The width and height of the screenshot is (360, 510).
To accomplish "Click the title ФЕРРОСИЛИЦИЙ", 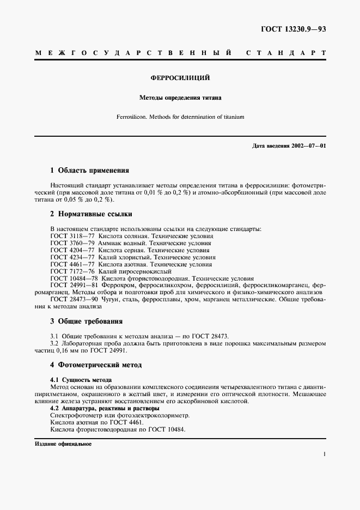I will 180,78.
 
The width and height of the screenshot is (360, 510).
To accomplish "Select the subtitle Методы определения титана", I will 180,99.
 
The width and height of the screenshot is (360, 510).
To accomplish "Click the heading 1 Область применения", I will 89,170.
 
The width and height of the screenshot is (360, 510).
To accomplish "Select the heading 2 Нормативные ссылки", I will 91,214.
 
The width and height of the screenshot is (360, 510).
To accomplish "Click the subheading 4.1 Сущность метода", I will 81,379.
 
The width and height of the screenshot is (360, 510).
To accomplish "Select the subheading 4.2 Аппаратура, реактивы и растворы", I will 104,408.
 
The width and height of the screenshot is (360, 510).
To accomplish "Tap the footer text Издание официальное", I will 63,444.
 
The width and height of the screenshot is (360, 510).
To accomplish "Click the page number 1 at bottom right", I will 324,453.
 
